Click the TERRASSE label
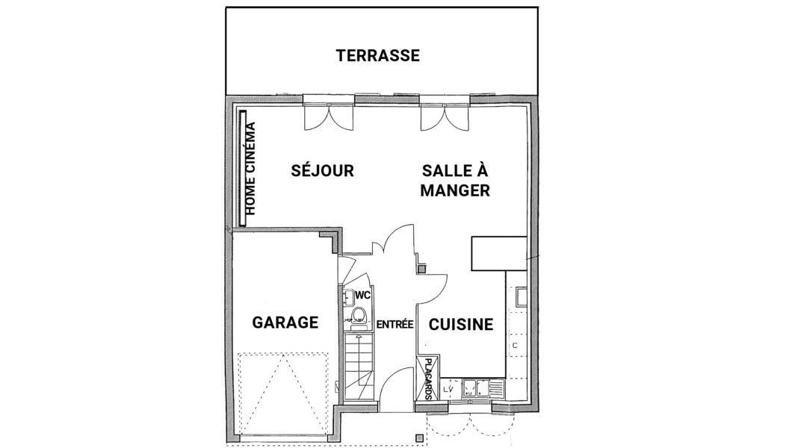(x=378, y=55)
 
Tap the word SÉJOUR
(x=322, y=170)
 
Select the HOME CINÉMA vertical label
(x=250, y=169)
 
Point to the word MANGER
(x=455, y=190)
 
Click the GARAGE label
(x=285, y=322)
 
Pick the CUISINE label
(x=461, y=324)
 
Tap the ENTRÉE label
(x=395, y=325)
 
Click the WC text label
(x=363, y=295)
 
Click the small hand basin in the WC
(x=348, y=298)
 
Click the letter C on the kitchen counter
(x=515, y=346)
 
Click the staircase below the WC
(x=357, y=366)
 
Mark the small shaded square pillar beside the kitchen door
(x=418, y=438)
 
